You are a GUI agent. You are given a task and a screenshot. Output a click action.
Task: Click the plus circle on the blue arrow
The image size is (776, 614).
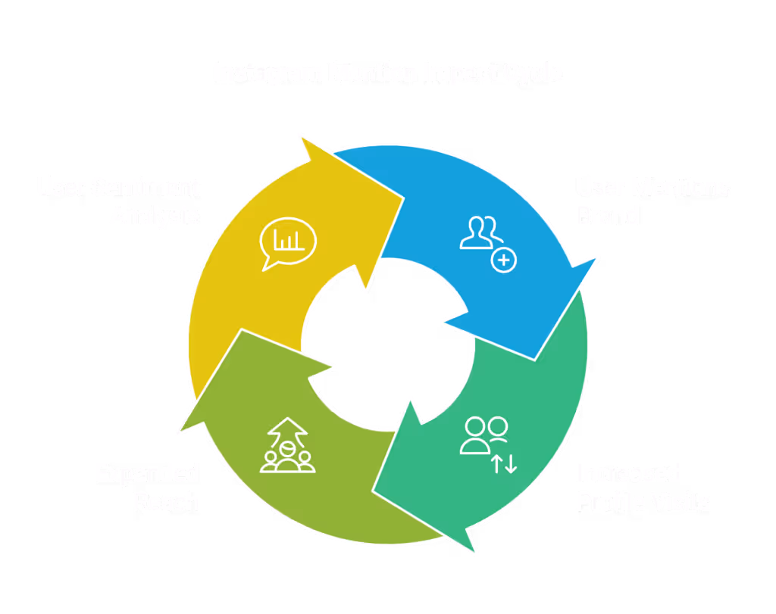(x=504, y=261)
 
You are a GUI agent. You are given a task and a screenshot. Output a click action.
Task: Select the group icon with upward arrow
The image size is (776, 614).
(x=287, y=446)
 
